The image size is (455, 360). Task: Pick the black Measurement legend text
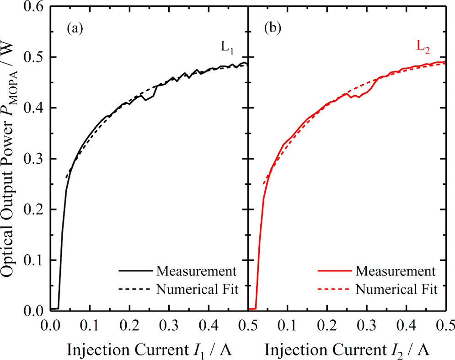pyautogui.click(x=196, y=271)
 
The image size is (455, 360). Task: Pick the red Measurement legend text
pyautogui.click(x=396, y=271)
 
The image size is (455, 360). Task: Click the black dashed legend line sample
pyautogui.click(x=134, y=289)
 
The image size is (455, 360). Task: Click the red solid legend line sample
pyautogui.click(x=332, y=271)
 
